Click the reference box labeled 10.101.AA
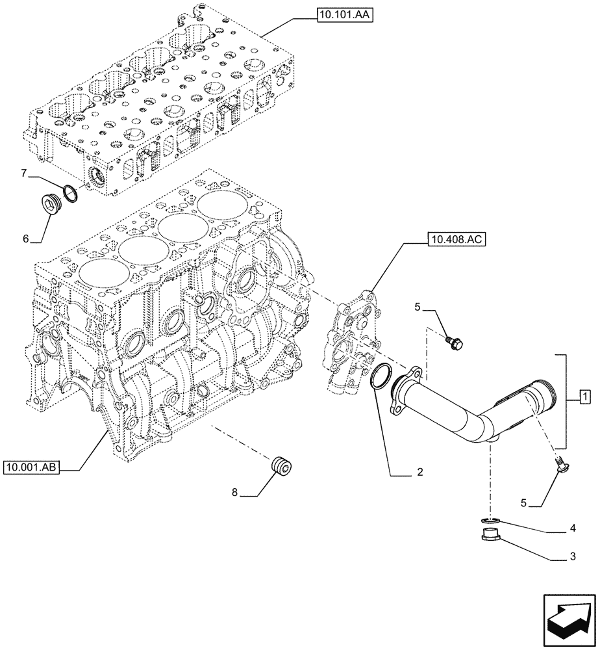coord(345,15)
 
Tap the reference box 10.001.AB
coord(31,466)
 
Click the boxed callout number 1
coord(584,396)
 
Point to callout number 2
coord(420,473)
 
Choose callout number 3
coord(571,556)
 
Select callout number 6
coord(26,239)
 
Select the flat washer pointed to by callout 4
coord(490,519)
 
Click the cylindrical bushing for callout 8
coord(281,466)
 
